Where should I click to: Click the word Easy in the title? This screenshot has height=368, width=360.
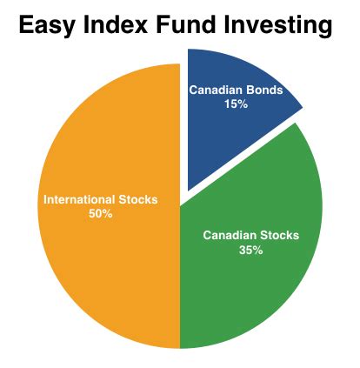point(46,25)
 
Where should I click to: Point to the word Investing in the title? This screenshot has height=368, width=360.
point(278,25)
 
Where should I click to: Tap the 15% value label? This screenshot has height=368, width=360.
point(237,104)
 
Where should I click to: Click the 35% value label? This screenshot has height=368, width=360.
point(251,250)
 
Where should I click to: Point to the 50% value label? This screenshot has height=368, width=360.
point(101,214)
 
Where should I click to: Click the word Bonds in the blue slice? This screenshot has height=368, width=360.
point(264,90)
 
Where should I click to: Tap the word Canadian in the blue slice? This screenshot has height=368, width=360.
point(216,90)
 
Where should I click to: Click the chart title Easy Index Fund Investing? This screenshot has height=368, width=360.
point(176,26)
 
